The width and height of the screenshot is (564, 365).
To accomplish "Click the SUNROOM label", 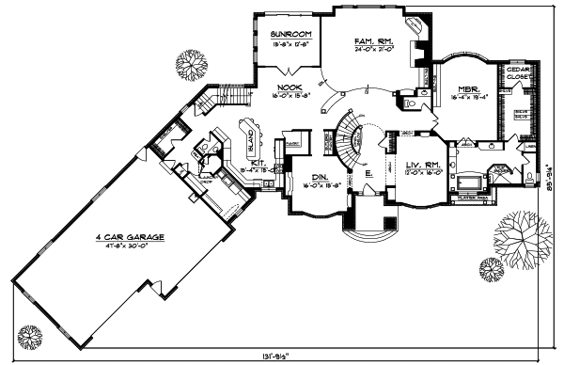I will [x=290, y=34].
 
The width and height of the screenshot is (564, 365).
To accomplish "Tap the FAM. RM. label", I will [x=372, y=40].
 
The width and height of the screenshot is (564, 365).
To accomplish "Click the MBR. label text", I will [x=467, y=85].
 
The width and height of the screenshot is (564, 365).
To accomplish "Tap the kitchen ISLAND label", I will [x=253, y=142].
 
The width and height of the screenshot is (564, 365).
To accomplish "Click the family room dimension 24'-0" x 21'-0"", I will [x=372, y=50].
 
